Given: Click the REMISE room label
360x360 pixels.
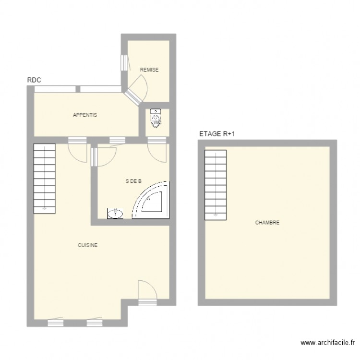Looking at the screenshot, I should [x=149, y=70].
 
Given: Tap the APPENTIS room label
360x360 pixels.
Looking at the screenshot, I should [x=85, y=115].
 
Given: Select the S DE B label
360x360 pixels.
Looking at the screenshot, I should [x=133, y=181].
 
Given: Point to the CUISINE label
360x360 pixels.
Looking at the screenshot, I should [x=88, y=245].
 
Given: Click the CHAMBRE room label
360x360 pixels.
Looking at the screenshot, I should [x=267, y=223].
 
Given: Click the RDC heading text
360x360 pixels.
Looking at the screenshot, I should [x=34, y=81].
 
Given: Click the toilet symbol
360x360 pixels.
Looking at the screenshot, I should [x=156, y=118].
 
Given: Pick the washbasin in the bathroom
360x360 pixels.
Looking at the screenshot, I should [x=115, y=213].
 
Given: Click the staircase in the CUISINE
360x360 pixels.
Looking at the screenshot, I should [x=45, y=178].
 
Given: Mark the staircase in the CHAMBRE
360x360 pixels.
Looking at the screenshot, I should [x=216, y=184].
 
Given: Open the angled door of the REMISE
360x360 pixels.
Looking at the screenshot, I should [x=136, y=93].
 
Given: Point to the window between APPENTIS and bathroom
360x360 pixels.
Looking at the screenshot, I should [x=116, y=140].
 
